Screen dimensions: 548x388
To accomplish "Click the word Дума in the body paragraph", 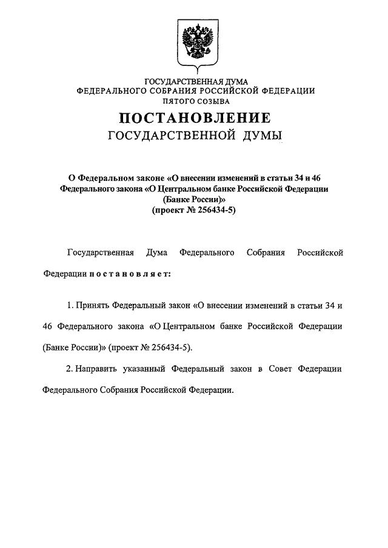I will [157, 252].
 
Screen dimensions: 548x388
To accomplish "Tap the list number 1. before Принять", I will [70, 304].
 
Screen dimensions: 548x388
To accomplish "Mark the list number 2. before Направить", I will [70, 368].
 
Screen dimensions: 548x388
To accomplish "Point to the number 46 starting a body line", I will [49, 326].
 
